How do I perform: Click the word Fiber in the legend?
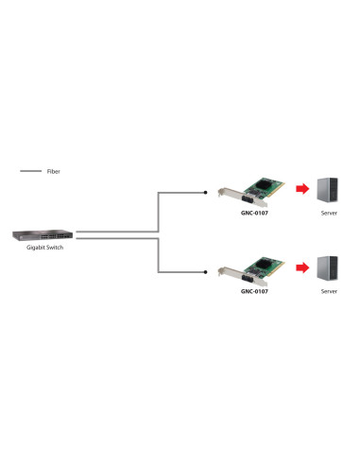pos(54,172)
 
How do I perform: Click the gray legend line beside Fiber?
pos(30,172)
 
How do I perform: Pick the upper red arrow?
pos(301,191)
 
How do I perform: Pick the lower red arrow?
pos(301,268)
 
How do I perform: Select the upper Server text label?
pos(329,214)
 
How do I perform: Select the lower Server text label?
pos(329,292)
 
